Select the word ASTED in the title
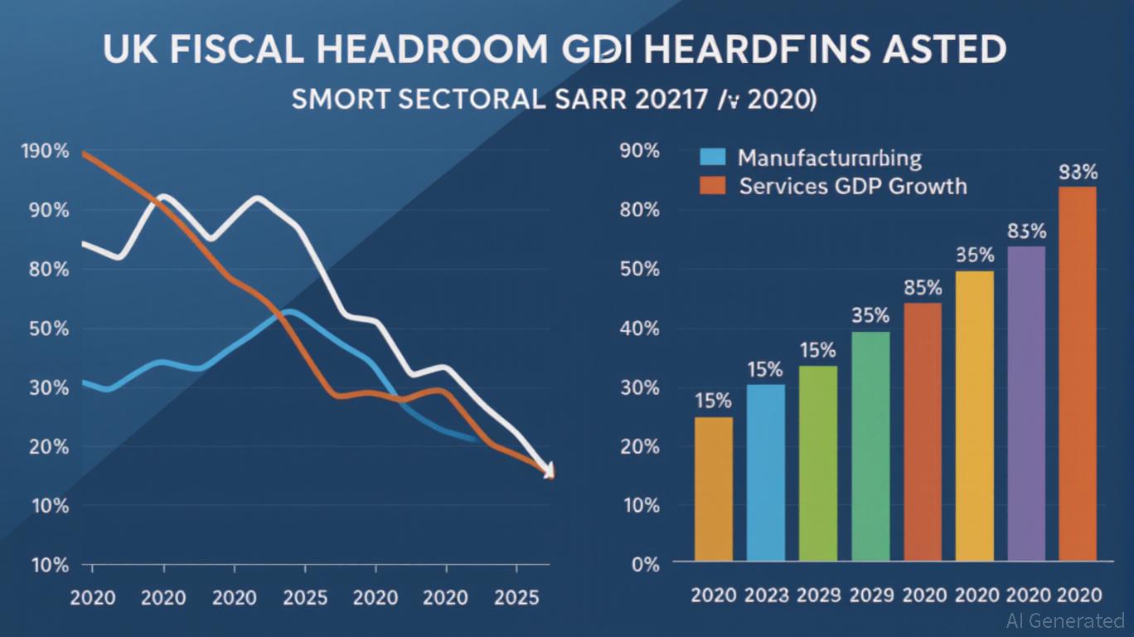point(937,51)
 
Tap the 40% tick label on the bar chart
point(639,328)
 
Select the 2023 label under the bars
point(765,595)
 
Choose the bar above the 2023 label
point(765,472)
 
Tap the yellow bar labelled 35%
point(974,416)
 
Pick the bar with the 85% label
point(922,431)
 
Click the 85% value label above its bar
point(922,289)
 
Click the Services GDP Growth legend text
point(853,185)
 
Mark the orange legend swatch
point(712,185)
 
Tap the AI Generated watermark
point(1065,620)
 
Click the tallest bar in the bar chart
point(1078,373)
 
